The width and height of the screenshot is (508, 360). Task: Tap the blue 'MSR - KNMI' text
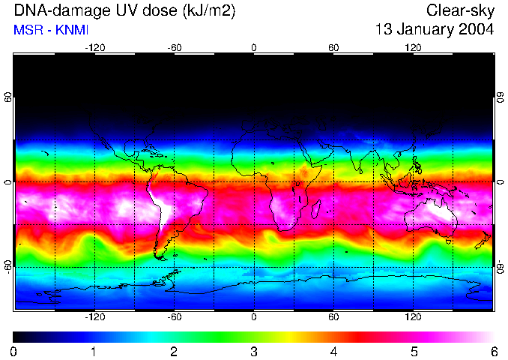pyautogui.click(x=47, y=30)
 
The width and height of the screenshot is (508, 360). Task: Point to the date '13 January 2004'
pyautogui.click(x=435, y=30)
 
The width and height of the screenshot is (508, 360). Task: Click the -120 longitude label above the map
pyautogui.click(x=94, y=47)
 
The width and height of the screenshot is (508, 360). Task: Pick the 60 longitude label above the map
pyautogui.click(x=333, y=47)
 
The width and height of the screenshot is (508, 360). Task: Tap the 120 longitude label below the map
pyautogui.click(x=413, y=316)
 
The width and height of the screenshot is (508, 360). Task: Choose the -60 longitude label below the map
pyautogui.click(x=174, y=316)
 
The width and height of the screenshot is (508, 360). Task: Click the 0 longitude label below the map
pyautogui.click(x=254, y=316)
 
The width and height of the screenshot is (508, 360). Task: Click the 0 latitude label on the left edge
pyautogui.click(x=9, y=181)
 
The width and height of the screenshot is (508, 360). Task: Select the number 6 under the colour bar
pyautogui.click(x=493, y=351)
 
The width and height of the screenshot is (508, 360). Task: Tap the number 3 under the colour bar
pyautogui.click(x=253, y=351)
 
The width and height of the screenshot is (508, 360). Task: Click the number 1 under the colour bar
pyautogui.click(x=94, y=351)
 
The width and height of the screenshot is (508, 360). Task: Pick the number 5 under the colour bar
pyautogui.click(x=413, y=351)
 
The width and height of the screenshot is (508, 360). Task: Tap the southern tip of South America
pyautogui.click(x=161, y=255)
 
